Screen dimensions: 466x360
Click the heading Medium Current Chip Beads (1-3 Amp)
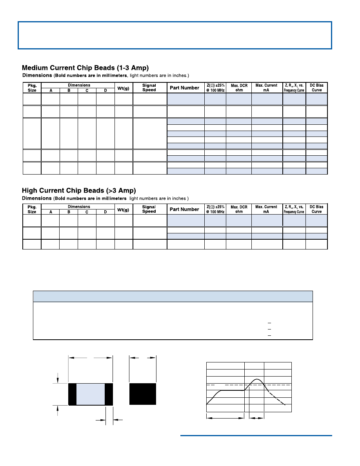[x=85, y=67]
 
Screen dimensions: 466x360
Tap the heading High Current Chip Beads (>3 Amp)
[x=79, y=190]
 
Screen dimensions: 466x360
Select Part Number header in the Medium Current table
[x=184, y=88]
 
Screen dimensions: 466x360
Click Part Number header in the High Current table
[x=184, y=209]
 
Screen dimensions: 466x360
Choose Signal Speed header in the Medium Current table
[x=149, y=88]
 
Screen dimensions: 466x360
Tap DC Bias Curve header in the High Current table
[x=316, y=209]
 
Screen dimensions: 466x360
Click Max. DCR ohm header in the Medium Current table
[x=238, y=88]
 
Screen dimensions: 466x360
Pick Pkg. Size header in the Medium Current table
[x=32, y=88]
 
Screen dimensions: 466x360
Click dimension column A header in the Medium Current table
[x=51, y=91]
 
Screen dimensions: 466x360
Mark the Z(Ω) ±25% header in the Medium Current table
[x=215, y=88]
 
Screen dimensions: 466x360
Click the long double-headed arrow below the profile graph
[x=225, y=419]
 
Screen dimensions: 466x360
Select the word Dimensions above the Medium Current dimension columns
[x=78, y=85]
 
